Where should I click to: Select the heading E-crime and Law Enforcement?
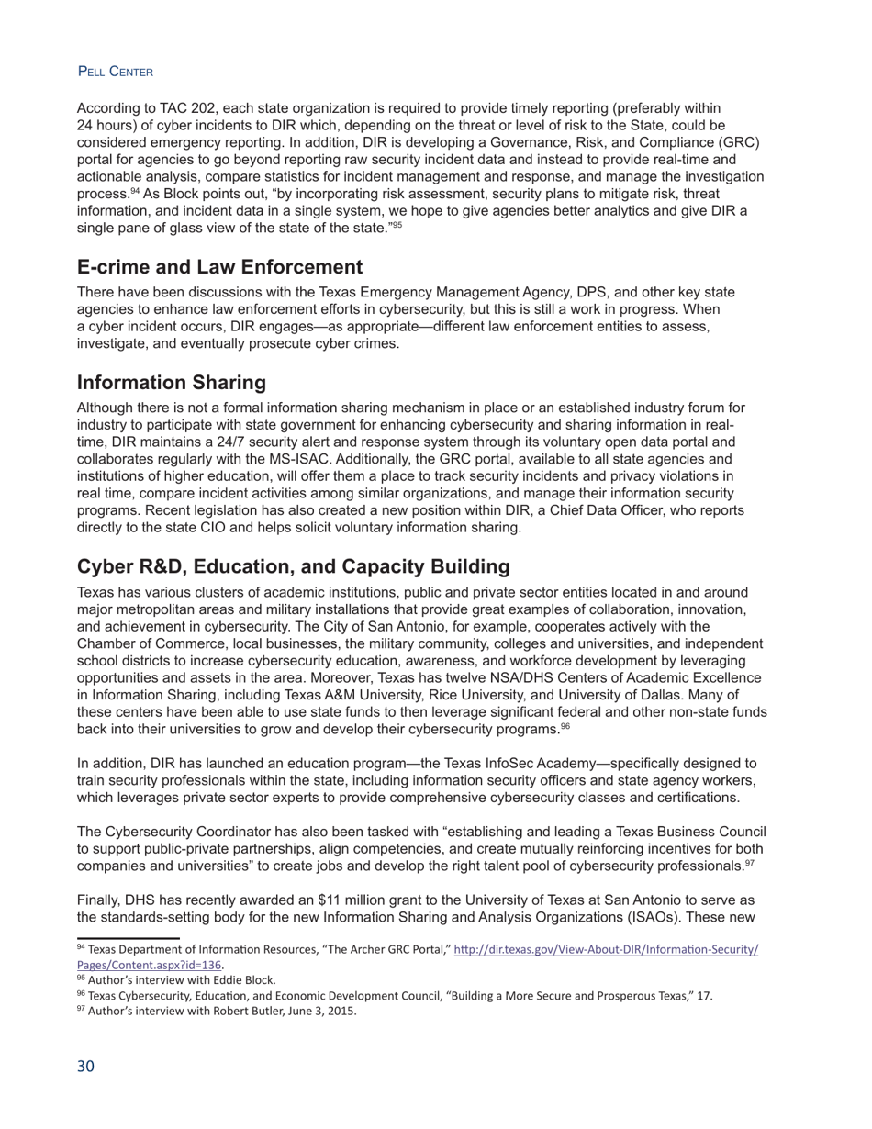(x=220, y=267)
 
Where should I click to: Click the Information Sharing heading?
(x=172, y=382)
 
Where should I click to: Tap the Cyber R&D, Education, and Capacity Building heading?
(x=294, y=566)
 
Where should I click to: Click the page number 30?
(x=85, y=1066)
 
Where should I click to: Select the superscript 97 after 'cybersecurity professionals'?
(x=749, y=863)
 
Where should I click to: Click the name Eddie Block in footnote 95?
(x=245, y=979)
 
